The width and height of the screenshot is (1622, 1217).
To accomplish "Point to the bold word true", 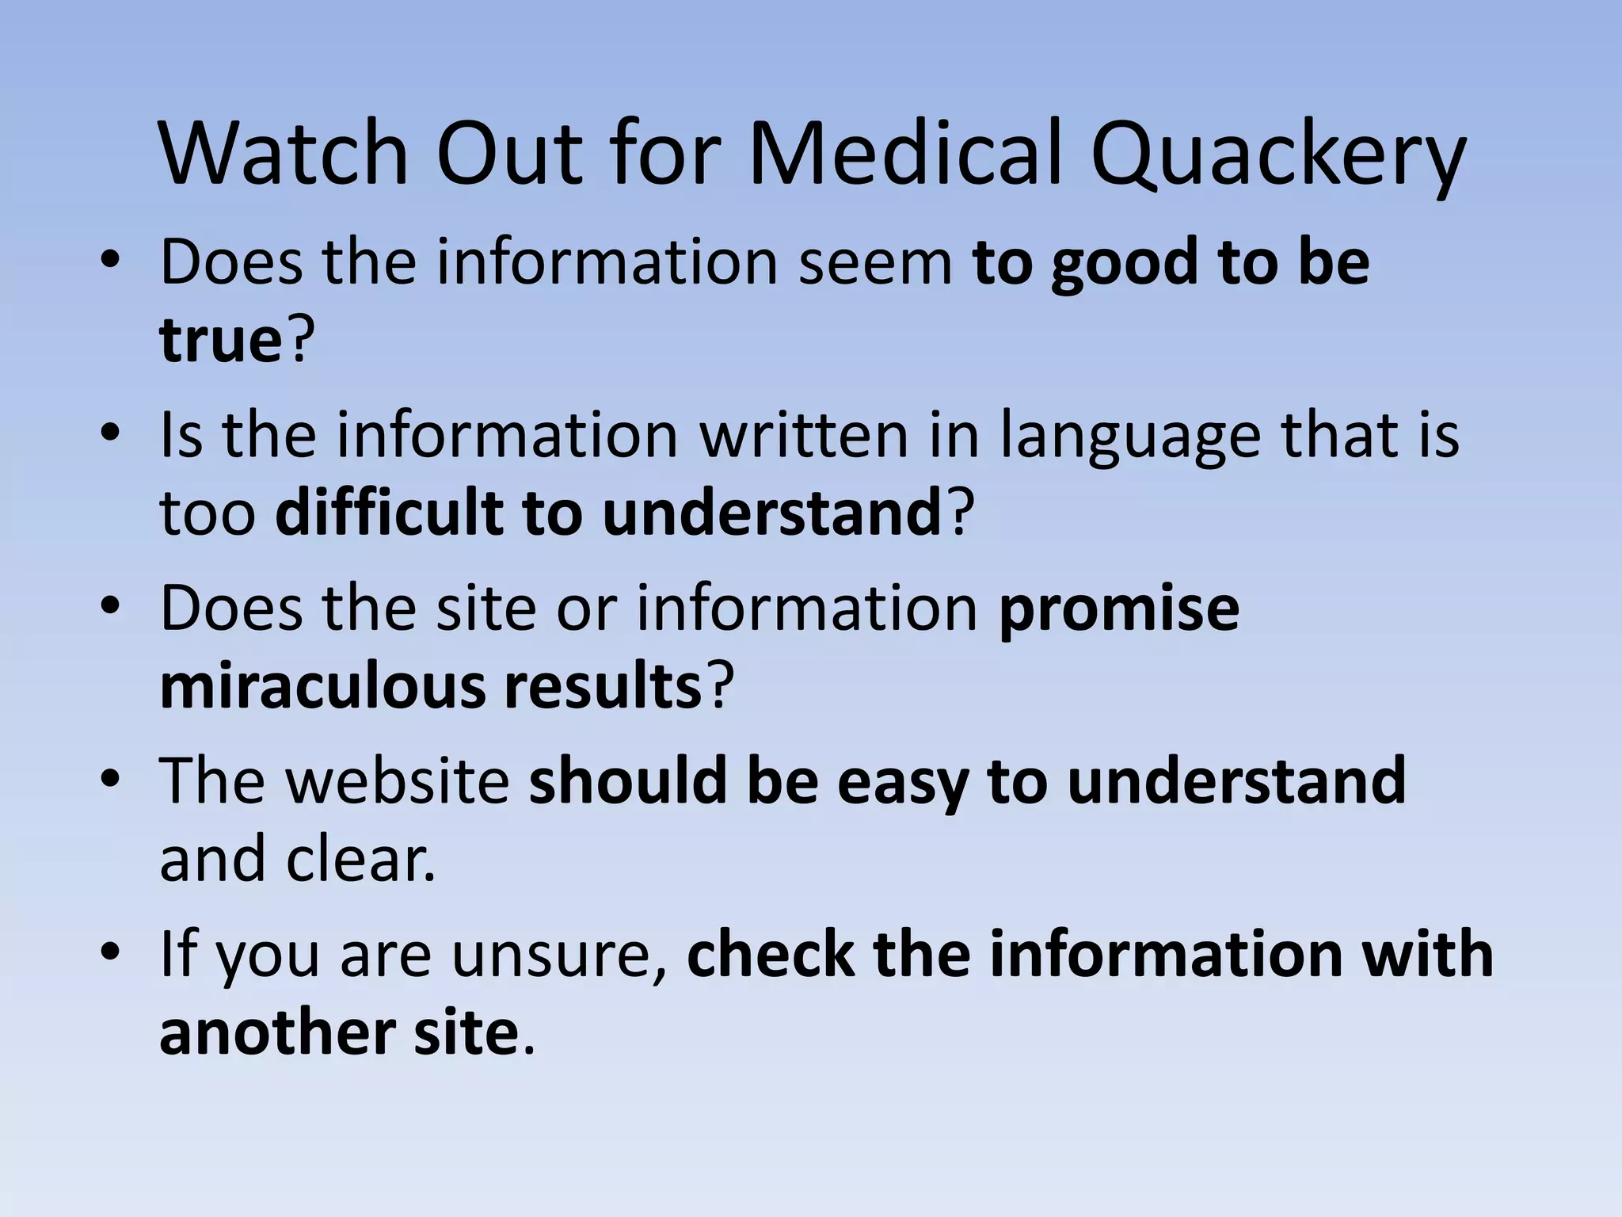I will click(x=221, y=341).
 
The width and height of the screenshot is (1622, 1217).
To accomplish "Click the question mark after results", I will click(x=718, y=685).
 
